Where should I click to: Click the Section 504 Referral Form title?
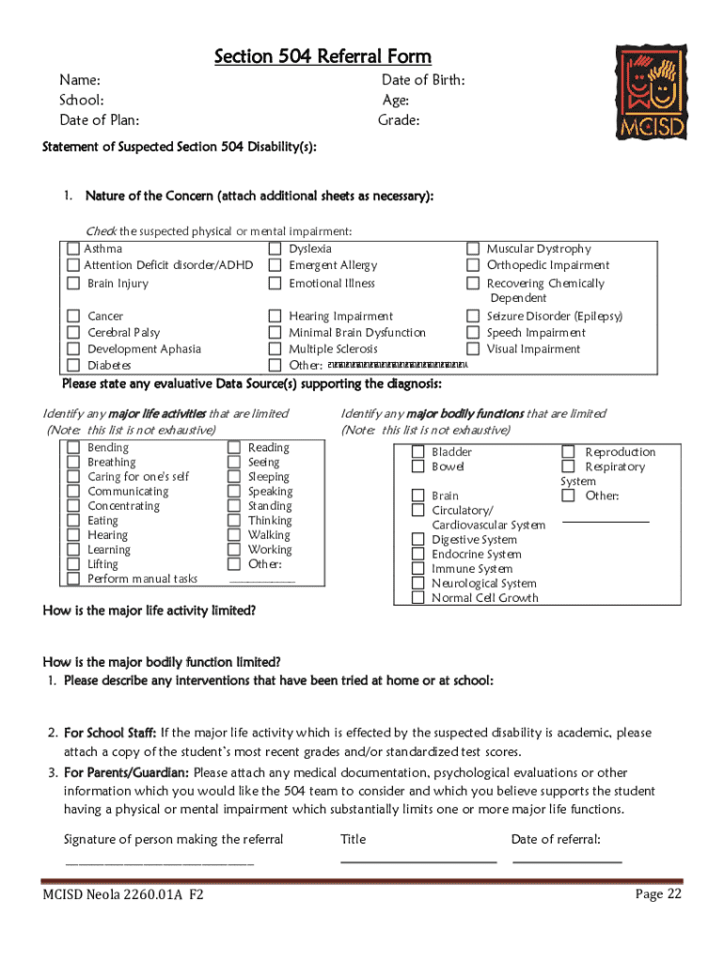pyautogui.click(x=323, y=57)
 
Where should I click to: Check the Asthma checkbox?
pyautogui.click(x=73, y=249)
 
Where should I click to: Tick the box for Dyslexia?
pyautogui.click(x=275, y=249)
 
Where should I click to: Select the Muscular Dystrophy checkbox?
pyautogui.click(x=473, y=249)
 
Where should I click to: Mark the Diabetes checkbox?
pyautogui.click(x=73, y=365)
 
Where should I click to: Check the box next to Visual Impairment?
pyautogui.click(x=473, y=349)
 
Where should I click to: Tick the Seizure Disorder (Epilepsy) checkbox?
pyautogui.click(x=473, y=317)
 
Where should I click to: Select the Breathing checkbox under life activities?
pyautogui.click(x=73, y=463)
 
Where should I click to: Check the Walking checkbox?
pyautogui.click(x=234, y=535)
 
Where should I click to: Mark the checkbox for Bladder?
pyautogui.click(x=417, y=452)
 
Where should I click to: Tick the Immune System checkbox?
pyautogui.click(x=417, y=569)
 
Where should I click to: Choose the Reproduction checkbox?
pyautogui.click(x=568, y=452)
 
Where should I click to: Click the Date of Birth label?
pyautogui.click(x=422, y=81)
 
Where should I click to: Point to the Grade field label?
pyautogui.click(x=399, y=120)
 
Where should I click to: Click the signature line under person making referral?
pyautogui.click(x=158, y=860)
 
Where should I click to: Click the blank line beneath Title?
pyautogui.click(x=417, y=860)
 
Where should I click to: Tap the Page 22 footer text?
pyautogui.click(x=658, y=894)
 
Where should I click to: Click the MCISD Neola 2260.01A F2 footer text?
pyautogui.click(x=123, y=895)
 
